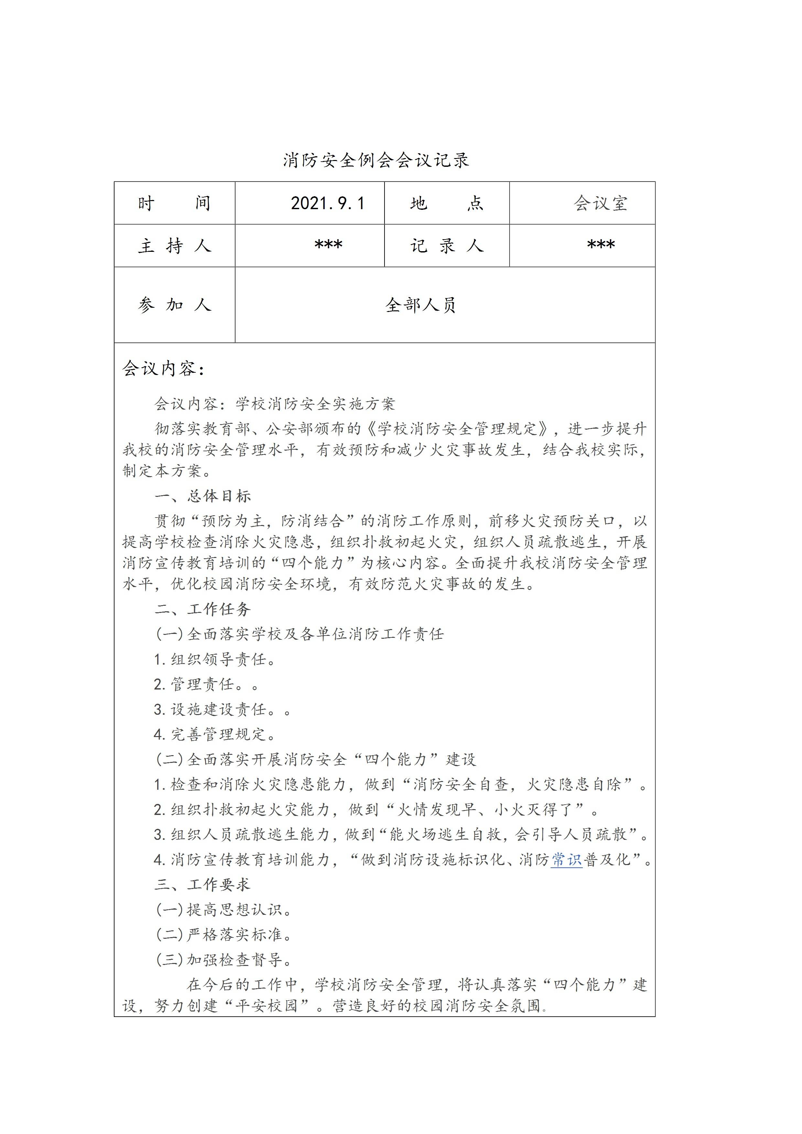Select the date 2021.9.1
(327, 203)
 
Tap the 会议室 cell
(601, 203)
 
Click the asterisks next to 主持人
(328, 245)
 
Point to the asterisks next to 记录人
(601, 245)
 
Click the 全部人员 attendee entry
(420, 305)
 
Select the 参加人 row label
(174, 305)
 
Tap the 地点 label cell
(446, 203)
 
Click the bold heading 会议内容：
(164, 369)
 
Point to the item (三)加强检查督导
(224, 960)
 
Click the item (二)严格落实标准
(224, 935)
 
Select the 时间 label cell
(174, 203)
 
